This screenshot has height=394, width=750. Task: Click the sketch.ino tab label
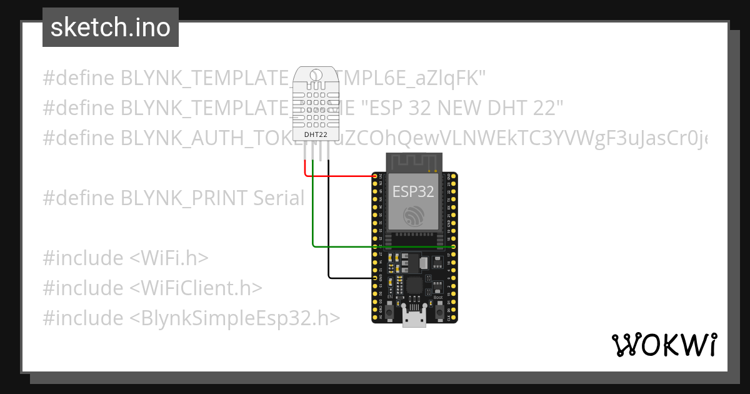pyautogui.click(x=110, y=28)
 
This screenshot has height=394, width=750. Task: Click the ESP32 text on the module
pyautogui.click(x=413, y=191)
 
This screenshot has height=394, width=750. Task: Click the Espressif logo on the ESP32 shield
pyautogui.click(x=413, y=216)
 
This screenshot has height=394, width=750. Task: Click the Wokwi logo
pyautogui.click(x=664, y=345)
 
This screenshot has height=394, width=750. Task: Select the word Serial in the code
pyautogui.click(x=279, y=198)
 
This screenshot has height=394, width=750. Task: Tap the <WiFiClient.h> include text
pyautogui.click(x=196, y=288)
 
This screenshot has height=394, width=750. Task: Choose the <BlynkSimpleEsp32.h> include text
pyautogui.click(x=235, y=318)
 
